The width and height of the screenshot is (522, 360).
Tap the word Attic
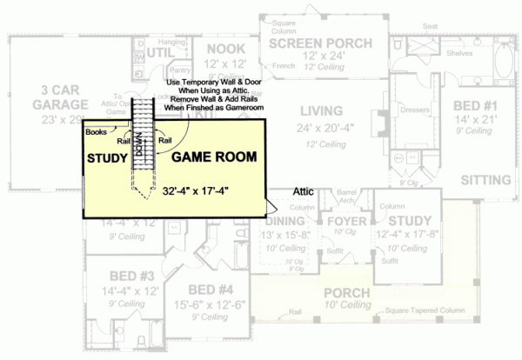[303, 190]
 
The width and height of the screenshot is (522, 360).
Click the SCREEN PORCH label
[319, 43]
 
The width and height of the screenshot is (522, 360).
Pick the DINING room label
[284, 222]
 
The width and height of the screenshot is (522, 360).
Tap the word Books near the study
[96, 132]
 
